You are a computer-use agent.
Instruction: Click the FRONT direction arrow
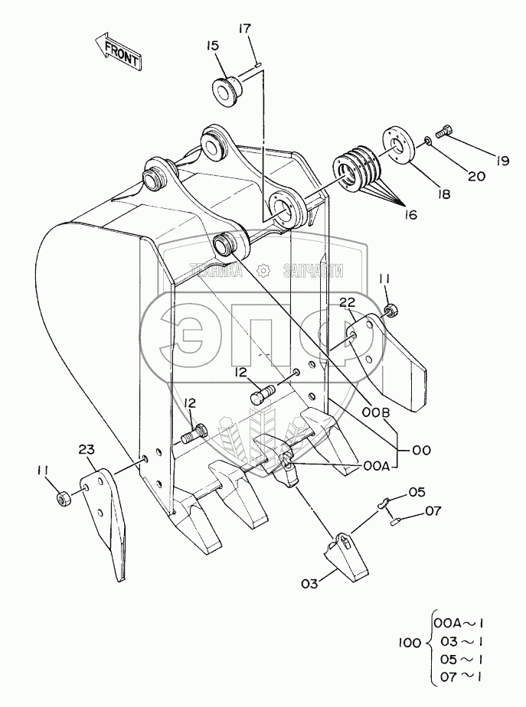[x=116, y=51]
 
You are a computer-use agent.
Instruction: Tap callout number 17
[x=245, y=29]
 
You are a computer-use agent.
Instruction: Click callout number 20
[x=476, y=177]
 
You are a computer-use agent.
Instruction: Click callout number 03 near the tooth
[x=309, y=584]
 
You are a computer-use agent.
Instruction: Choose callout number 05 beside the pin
[x=415, y=492]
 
